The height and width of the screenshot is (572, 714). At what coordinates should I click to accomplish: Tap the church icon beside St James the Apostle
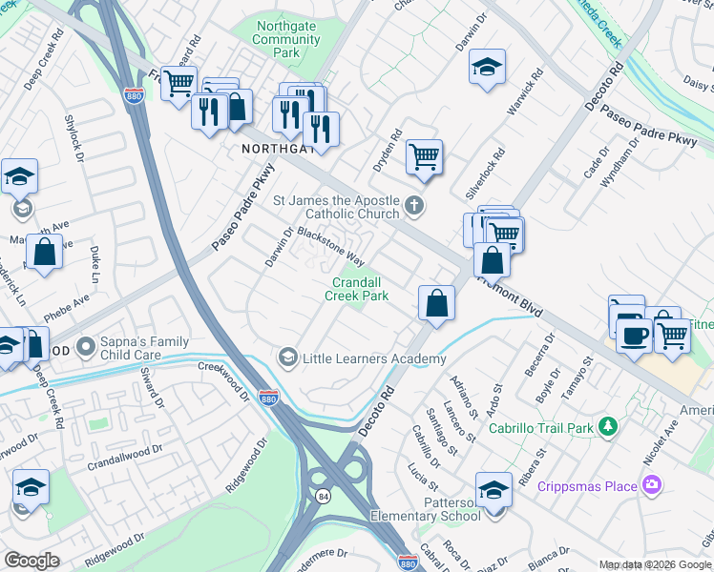coord(413,204)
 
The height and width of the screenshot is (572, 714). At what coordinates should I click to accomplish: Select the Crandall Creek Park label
coord(360,289)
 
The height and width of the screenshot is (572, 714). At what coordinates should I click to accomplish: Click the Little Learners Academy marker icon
coord(287,357)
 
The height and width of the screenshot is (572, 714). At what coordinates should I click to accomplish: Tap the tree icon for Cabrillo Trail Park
coord(605,428)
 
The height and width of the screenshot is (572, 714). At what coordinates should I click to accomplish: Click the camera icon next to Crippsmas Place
coord(652,485)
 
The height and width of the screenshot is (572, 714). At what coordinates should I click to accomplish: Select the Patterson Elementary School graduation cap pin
coord(493,490)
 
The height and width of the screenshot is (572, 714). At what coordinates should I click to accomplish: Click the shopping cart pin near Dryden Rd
coord(424,156)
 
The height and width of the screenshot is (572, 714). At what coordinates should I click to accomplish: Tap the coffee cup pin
coord(634,334)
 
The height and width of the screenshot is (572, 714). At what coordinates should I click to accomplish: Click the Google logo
coord(31,560)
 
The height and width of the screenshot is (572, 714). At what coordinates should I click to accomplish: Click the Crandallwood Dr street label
coord(120,454)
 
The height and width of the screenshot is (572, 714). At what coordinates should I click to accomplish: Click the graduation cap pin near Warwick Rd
coord(487,67)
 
